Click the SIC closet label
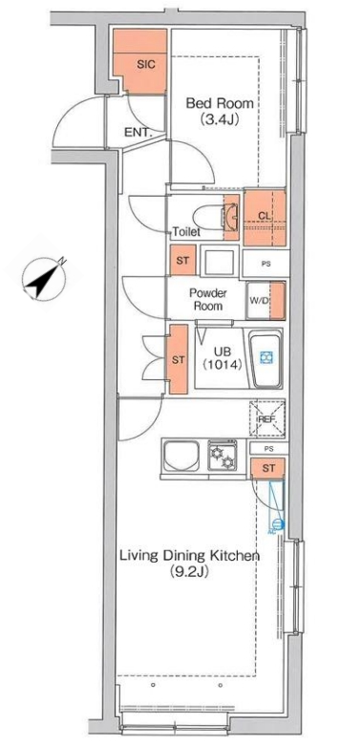tap(146, 65)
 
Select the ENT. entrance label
tap(138, 133)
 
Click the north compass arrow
tap(44, 279)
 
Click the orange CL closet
tap(265, 218)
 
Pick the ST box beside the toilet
tap(182, 260)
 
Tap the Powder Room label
tap(208, 299)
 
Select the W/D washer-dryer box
tap(265, 300)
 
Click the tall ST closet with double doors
tap(179, 359)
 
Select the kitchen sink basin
tap(181, 456)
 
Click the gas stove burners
tap(222, 456)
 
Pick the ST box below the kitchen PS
tap(268, 468)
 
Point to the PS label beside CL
tap(265, 263)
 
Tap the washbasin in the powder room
tap(220, 261)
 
